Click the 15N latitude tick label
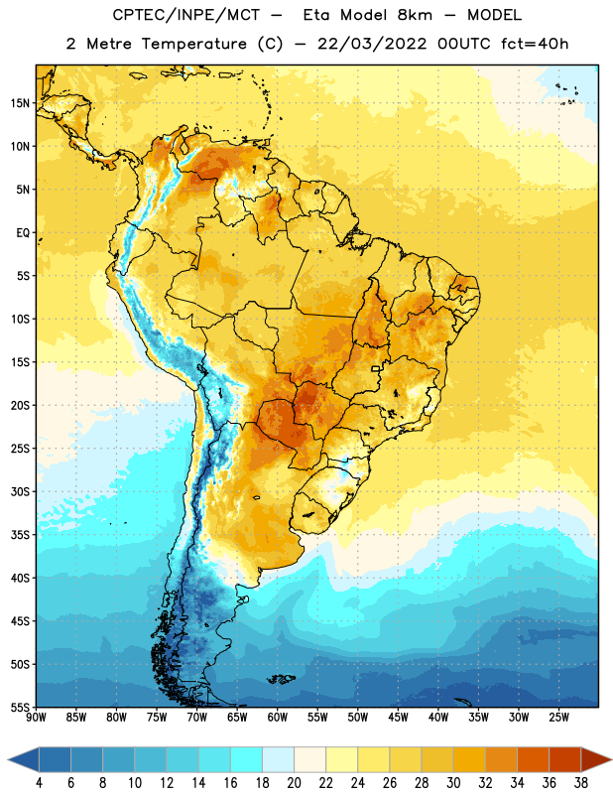[x=20, y=103]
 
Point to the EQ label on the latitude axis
[x=23, y=233]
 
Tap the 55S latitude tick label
[x=20, y=707]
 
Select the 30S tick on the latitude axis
[x=20, y=491]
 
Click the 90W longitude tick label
[x=36, y=718]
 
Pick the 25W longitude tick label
[x=558, y=718]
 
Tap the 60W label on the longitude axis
[x=278, y=718]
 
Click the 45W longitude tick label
[x=398, y=718]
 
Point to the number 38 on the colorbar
[x=581, y=783]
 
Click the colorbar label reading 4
[x=39, y=783]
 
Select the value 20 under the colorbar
[x=294, y=783]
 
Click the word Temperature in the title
[x=194, y=44]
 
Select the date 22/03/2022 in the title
[x=372, y=44]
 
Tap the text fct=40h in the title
[x=535, y=44]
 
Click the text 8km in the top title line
[x=415, y=15]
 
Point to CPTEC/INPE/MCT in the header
[x=186, y=15]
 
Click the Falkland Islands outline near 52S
[x=281, y=679]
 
